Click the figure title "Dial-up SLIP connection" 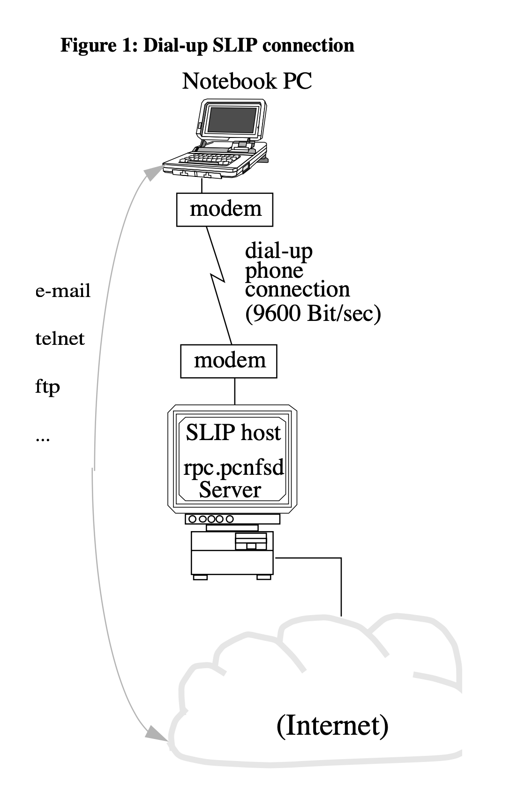point(248,46)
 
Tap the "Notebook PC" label point(247,81)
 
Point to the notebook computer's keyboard point(213,157)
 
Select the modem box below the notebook point(225,209)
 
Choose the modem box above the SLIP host point(229,361)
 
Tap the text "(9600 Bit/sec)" point(313,313)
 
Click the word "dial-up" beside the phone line point(278,251)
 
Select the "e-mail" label point(63,291)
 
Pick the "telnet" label point(60,338)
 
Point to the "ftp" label point(47,387)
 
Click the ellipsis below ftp point(42,441)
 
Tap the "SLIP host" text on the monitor point(233,433)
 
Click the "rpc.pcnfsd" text point(233,468)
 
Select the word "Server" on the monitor point(230,490)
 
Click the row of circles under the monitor point(211,519)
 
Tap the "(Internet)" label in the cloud point(332,725)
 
